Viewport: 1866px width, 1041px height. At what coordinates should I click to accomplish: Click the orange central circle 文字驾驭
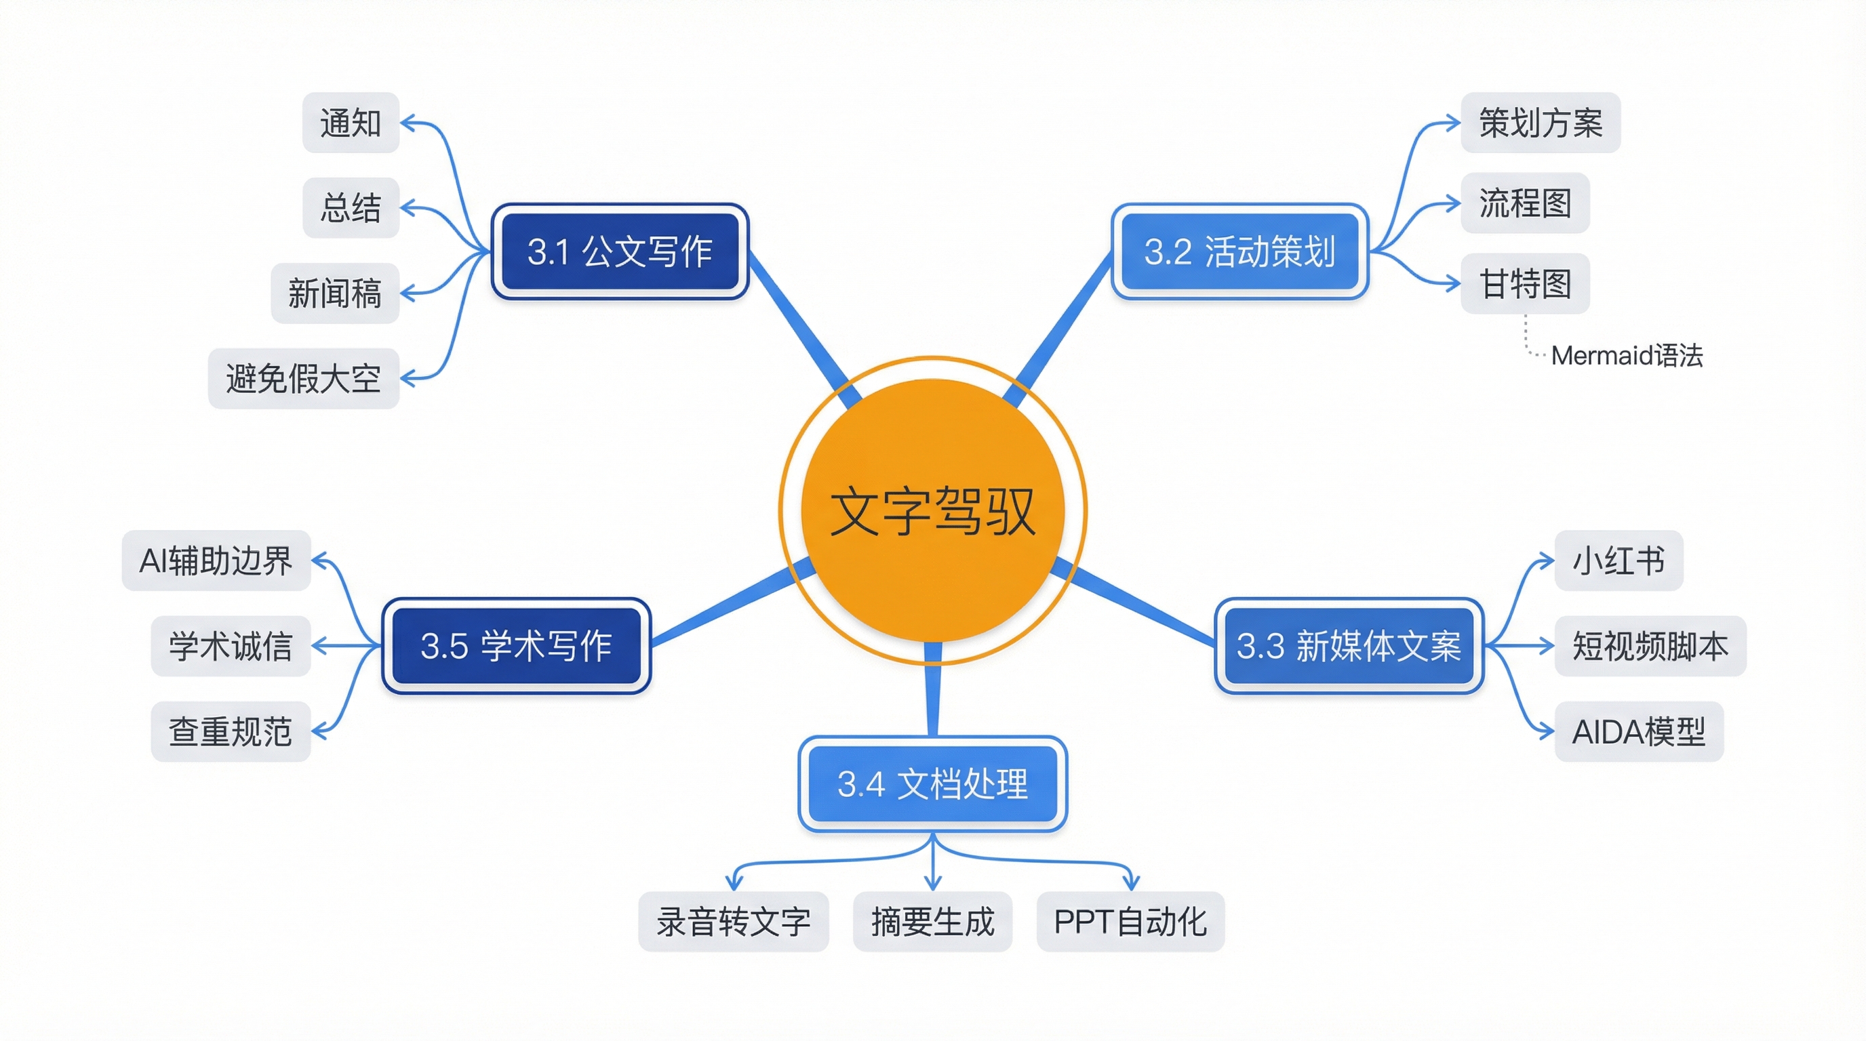coord(932,510)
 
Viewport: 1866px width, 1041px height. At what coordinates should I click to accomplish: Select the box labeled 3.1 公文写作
coord(620,251)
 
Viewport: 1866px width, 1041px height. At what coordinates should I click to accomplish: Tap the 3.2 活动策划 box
coord(1239,251)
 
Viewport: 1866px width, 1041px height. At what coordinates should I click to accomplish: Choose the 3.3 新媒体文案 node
coord(1348,645)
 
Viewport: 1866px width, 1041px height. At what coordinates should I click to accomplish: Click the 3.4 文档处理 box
coord(932,783)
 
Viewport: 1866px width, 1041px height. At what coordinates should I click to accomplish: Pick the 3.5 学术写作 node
coord(516,645)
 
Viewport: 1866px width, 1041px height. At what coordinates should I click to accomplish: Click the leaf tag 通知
coord(351,123)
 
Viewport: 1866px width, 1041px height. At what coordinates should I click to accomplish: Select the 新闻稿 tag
coord(335,293)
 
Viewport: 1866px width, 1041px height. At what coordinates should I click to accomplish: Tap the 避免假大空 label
coord(304,378)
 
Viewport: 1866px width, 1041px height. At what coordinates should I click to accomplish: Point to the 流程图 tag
coord(1525,203)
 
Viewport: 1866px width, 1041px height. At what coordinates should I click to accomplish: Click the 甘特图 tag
coord(1525,283)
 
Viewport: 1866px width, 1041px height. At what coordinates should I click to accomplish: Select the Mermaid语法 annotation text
coord(1626,355)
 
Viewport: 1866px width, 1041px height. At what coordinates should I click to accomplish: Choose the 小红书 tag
coord(1619,560)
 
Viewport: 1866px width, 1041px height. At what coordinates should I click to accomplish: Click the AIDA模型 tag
coord(1639,731)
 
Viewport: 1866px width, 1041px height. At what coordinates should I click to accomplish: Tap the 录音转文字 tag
coord(733,922)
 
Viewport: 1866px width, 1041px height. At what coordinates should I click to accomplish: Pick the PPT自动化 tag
coord(1130,922)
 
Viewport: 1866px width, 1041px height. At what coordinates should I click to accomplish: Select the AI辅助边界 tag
coord(216,560)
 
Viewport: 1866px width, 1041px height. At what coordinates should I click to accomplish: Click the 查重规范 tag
coord(231,731)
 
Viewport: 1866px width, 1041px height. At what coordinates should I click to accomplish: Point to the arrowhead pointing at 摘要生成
coord(933,883)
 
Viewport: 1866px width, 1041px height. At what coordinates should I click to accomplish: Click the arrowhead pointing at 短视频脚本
coord(1547,645)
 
